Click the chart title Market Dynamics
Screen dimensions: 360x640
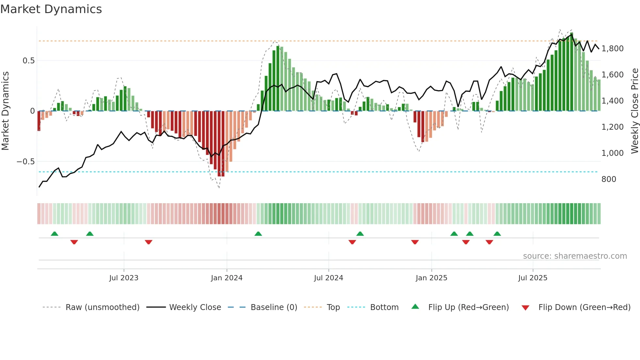[x=51, y=9]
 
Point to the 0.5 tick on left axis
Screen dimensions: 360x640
[x=28, y=61]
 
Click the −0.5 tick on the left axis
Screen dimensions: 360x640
[x=25, y=162]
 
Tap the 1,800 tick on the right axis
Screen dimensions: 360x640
[x=612, y=49]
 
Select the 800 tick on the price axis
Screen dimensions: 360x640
[x=609, y=179]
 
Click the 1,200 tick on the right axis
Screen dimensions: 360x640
[x=612, y=127]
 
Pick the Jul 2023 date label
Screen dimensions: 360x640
[x=124, y=278]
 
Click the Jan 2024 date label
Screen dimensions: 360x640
[x=227, y=278]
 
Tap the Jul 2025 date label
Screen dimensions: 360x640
[x=533, y=278]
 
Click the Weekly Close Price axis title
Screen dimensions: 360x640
[x=634, y=111]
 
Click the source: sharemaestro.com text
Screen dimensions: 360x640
[x=575, y=256]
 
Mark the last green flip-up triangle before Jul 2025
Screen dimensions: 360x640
[x=497, y=234]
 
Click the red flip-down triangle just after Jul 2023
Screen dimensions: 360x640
[x=149, y=242]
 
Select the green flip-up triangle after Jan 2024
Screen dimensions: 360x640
[x=258, y=234]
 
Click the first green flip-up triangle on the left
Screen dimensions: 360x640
[x=55, y=234]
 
